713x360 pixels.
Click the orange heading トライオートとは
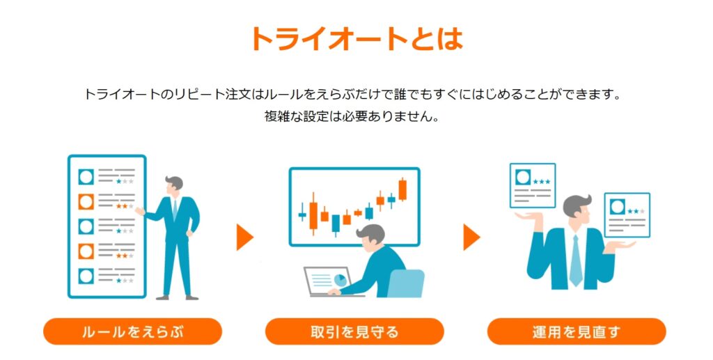[356, 38]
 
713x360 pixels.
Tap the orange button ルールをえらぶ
[132, 331]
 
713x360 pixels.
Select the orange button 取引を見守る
[354, 331]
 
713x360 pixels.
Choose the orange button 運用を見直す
[576, 331]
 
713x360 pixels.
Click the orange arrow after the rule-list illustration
[244, 237]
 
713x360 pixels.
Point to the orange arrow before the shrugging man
[471, 237]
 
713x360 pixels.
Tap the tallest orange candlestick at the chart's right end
[402, 189]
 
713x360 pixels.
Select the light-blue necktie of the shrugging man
[576, 260]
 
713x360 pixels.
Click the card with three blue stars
[533, 185]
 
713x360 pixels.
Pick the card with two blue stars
[627, 215]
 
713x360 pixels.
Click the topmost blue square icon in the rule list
[86, 177]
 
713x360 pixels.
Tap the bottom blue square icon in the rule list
[86, 276]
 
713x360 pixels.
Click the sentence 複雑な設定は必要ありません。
[352, 116]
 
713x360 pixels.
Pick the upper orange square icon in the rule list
[86, 201]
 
